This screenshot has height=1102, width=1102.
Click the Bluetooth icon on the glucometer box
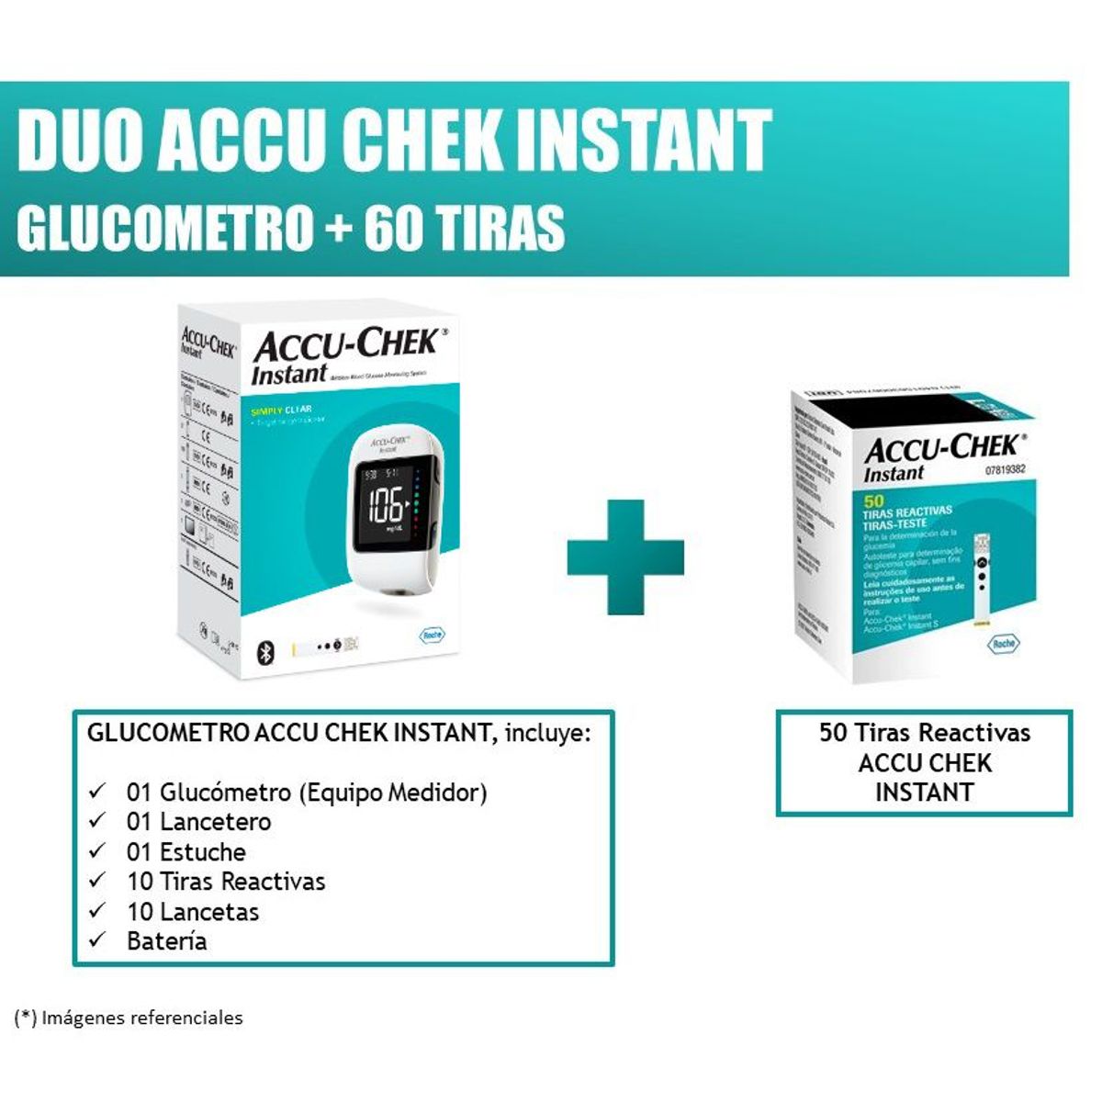pos(261,652)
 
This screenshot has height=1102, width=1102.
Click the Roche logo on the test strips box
pos(1003,643)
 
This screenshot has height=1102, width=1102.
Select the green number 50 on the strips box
pos(873,500)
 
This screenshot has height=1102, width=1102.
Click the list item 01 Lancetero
pos(198,822)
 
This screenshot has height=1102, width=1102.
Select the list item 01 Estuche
pos(186,851)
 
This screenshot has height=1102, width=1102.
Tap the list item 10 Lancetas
pos(193,912)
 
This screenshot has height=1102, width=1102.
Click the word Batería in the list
pos(166,941)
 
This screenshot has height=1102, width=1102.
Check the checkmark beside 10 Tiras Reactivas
pos(97,881)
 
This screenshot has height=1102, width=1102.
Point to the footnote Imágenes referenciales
pos(141,1018)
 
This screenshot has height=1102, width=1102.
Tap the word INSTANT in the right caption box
pos(924,793)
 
